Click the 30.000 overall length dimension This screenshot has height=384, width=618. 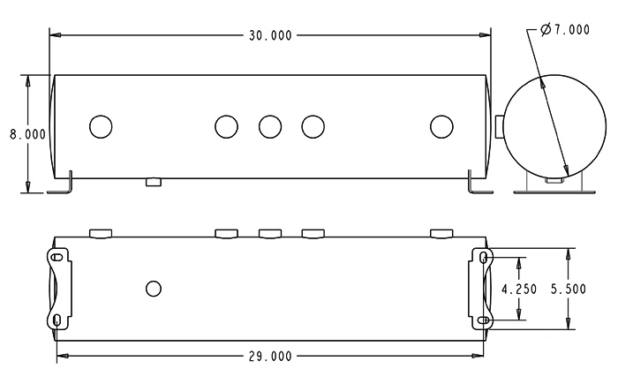click(270, 35)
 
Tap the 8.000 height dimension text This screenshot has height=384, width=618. click(27, 134)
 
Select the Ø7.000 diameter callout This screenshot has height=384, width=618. click(565, 29)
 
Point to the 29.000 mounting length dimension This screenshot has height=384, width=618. click(270, 357)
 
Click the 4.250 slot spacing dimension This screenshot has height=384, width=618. click(519, 290)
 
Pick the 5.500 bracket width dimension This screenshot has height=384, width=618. click(568, 290)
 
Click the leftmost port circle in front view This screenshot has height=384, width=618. click(101, 126)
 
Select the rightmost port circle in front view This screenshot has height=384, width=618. click(441, 126)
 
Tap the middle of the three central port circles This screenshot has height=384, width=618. click(270, 126)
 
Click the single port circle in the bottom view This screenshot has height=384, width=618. click(154, 289)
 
